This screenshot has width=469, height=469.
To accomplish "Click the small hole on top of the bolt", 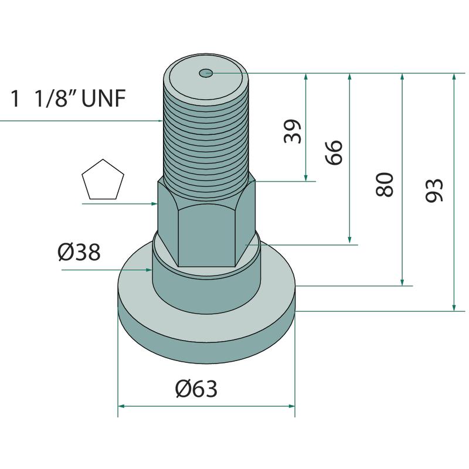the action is point(206,72).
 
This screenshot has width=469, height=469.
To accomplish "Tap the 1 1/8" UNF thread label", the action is point(68,98).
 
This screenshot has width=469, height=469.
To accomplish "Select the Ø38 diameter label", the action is point(79,252).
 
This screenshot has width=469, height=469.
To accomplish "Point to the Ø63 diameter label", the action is point(196,389).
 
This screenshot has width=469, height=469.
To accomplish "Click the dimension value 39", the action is point(293,131).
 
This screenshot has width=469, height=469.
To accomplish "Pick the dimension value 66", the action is point(334,152).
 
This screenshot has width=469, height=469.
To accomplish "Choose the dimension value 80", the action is point(385,184).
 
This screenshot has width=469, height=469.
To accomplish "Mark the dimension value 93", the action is point(434,190).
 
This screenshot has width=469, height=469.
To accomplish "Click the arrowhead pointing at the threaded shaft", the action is point(160,121).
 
